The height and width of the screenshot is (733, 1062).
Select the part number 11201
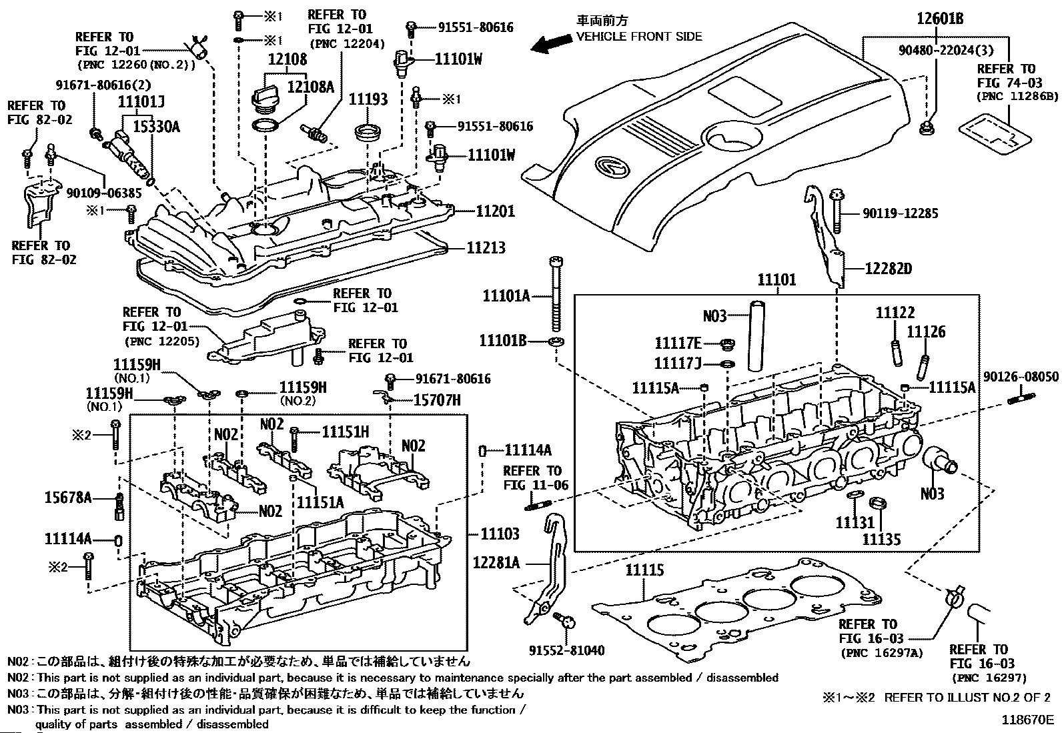click(495, 211)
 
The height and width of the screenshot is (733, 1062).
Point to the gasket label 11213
click(486, 247)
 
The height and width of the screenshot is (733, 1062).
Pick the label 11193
click(368, 99)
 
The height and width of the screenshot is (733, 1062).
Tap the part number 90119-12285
click(900, 213)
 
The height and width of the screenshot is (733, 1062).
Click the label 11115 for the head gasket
click(644, 570)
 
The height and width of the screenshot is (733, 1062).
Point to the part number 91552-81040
click(567, 650)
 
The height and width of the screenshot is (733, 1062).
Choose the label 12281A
click(496, 562)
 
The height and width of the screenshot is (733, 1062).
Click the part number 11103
click(500, 534)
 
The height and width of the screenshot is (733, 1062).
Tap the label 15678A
click(68, 497)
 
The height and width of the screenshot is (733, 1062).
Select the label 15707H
click(437, 400)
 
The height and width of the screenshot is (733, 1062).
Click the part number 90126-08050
click(1021, 377)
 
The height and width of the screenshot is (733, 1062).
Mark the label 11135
click(881, 539)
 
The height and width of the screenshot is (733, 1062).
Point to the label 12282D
click(888, 269)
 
